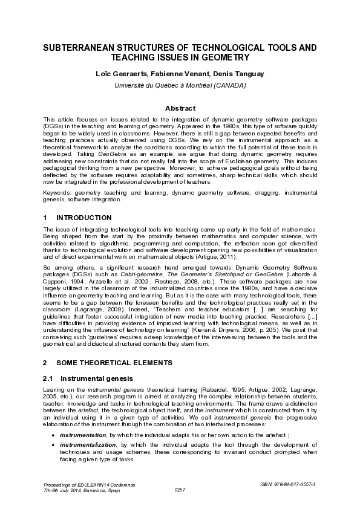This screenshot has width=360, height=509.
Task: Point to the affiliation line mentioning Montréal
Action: click(180, 85)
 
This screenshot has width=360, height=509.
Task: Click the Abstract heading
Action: click(180, 108)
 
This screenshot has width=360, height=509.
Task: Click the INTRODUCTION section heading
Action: click(83, 217)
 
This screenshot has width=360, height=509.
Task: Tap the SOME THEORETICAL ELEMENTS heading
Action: click(114, 363)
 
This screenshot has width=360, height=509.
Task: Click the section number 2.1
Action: click(48, 378)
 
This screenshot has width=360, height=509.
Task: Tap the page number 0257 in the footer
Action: click(180, 489)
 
